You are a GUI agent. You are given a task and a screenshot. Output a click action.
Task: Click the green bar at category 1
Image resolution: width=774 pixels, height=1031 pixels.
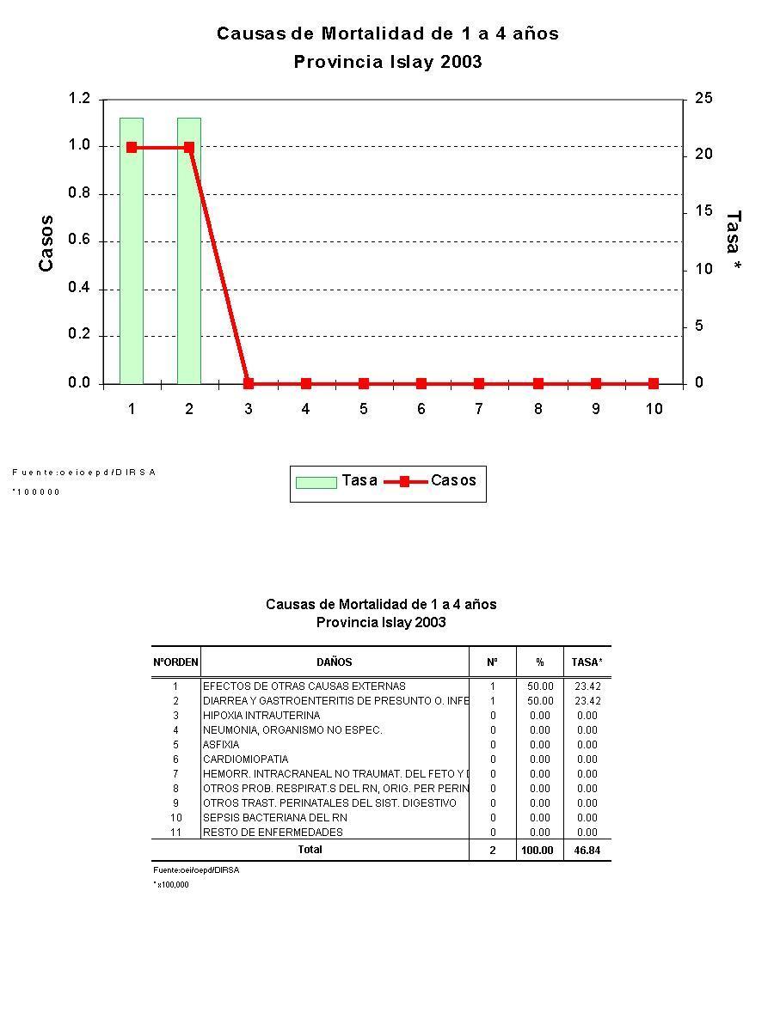132,250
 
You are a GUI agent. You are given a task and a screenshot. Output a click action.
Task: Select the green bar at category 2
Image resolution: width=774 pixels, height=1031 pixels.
189,250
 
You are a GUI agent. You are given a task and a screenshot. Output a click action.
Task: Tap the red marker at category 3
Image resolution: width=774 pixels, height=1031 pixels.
249,383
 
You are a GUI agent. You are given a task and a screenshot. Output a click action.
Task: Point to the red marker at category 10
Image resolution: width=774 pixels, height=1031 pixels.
654,383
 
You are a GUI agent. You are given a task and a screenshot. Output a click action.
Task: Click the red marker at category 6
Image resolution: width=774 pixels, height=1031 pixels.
421,383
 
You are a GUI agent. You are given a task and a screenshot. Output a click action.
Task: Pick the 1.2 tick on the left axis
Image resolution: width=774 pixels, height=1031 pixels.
79,99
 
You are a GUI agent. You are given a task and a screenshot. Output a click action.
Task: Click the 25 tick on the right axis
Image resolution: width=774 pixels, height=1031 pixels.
703,99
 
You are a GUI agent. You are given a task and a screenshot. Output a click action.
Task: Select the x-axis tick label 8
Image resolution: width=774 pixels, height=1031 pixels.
538,409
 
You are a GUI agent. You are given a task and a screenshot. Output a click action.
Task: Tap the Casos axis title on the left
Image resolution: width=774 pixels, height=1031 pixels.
46,243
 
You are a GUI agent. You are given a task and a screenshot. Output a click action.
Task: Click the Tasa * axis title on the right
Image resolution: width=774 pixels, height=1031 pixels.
733,243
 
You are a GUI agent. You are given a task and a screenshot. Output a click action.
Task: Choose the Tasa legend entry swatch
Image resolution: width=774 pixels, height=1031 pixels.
316,482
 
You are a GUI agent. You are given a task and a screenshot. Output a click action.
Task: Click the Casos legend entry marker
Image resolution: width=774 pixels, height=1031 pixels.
405,482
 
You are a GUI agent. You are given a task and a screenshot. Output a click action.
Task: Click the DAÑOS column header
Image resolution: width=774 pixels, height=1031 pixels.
335,662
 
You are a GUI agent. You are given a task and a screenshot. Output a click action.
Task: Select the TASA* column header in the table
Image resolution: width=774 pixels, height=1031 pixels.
587,662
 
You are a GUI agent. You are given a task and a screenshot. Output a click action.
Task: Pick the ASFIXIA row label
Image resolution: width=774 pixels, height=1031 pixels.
221,745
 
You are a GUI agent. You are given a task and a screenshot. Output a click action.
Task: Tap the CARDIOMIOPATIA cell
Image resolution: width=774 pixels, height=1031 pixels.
246,760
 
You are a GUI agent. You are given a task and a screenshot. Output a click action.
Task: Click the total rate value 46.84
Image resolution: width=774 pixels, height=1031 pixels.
587,850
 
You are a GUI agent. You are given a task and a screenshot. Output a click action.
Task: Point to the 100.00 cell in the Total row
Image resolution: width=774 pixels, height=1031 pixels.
539,850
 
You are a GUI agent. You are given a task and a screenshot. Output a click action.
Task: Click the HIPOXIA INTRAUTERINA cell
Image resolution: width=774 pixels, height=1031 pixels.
261,716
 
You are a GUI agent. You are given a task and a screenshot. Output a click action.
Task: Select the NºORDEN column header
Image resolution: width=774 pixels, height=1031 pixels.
175,662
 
